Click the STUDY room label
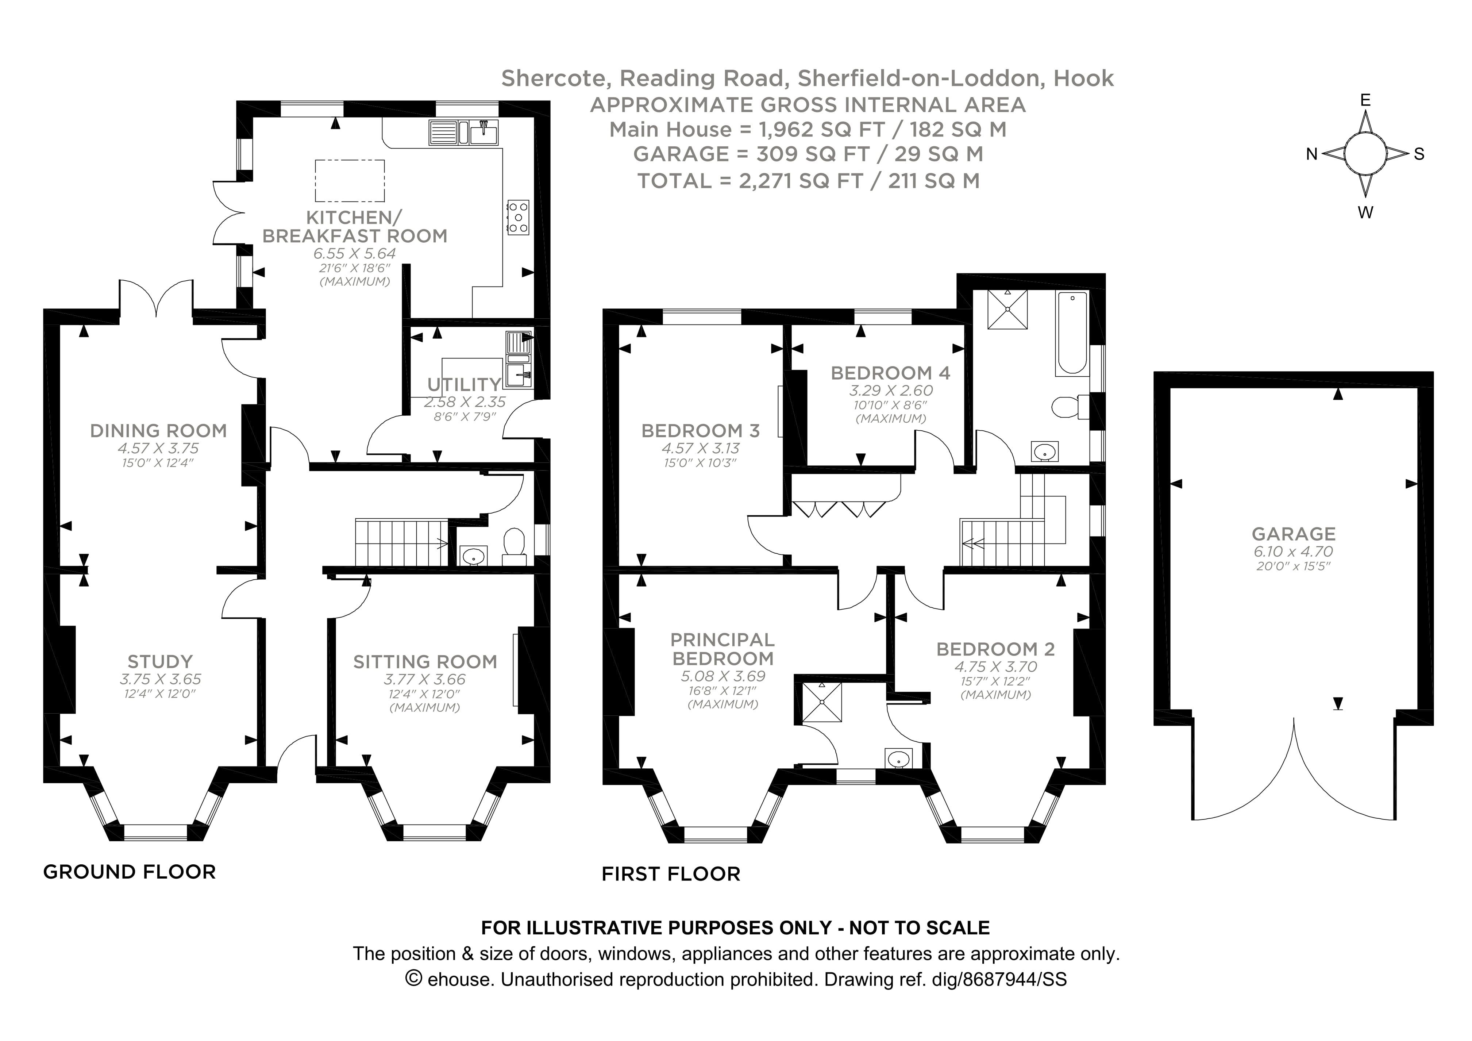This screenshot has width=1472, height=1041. coord(159,661)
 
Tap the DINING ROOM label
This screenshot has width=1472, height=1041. coord(158,430)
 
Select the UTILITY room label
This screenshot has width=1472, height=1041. coord(464,384)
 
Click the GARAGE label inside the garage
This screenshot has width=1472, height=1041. coord(1293,534)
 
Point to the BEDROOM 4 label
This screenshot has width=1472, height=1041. coord(890,373)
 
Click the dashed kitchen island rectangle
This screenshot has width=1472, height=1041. coord(350,181)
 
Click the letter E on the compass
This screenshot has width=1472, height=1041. coord(1365,100)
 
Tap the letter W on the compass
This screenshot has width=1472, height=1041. coord(1365,213)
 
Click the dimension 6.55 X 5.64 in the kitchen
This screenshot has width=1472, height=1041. coord(355,253)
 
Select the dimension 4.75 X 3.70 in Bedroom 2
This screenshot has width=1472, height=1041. coord(995,667)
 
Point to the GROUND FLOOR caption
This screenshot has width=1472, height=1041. coord(130,872)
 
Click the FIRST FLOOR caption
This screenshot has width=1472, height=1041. coord(671,873)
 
